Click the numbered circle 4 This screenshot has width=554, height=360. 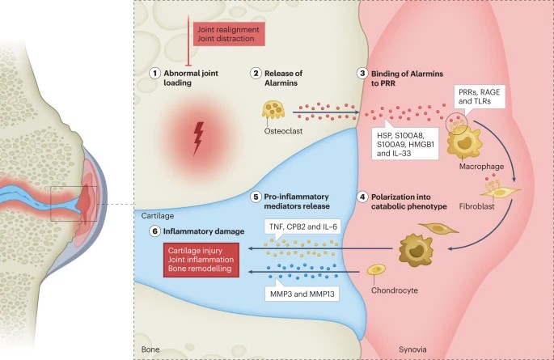[362, 196]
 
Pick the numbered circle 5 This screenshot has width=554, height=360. [256, 196]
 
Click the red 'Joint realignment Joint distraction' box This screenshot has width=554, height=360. [219, 32]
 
